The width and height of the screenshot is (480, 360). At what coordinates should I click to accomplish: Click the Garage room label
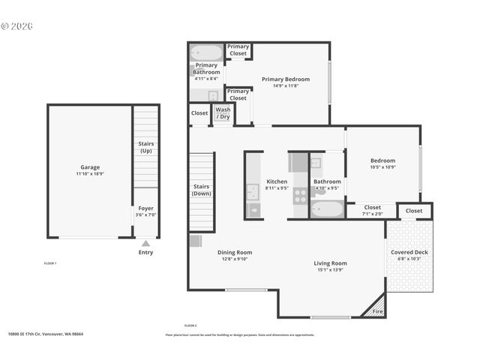click(90, 167)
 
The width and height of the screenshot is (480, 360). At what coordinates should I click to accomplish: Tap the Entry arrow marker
click(145, 244)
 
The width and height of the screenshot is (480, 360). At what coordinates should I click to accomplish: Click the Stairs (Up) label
click(146, 146)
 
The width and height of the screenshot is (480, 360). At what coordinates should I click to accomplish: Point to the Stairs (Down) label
click(201, 190)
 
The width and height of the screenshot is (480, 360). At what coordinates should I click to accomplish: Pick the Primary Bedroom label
click(285, 79)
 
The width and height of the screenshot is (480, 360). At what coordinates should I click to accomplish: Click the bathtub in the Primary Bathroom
click(206, 53)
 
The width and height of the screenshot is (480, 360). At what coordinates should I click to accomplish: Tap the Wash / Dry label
click(223, 113)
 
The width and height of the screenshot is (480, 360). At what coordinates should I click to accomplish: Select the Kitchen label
click(277, 181)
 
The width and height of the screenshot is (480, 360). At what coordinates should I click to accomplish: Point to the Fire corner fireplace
click(376, 310)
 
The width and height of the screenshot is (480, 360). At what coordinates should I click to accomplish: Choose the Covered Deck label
click(409, 252)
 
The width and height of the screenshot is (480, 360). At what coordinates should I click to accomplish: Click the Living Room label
click(330, 263)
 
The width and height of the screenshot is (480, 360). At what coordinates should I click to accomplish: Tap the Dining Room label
click(235, 253)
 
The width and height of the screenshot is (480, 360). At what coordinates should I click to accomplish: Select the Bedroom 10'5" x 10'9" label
click(382, 160)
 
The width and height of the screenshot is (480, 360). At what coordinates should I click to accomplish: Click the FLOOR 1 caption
click(50, 263)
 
